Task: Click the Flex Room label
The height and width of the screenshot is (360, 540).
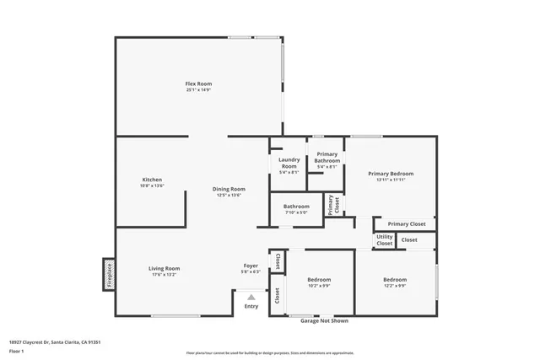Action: (198, 83)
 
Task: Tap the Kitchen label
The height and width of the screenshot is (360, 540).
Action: (152, 180)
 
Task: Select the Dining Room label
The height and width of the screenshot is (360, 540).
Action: (228, 189)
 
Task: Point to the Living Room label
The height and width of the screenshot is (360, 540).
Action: (165, 268)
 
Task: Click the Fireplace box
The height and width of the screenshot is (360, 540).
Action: (108, 275)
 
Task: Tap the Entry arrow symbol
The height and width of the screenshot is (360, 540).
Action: (251, 296)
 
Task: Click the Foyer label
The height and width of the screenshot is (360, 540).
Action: (251, 266)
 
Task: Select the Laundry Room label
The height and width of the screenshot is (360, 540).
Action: (289, 162)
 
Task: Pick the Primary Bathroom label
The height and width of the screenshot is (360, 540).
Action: (327, 157)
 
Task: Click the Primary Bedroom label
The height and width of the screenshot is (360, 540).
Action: (391, 174)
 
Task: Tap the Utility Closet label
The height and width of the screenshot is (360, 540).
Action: (385, 240)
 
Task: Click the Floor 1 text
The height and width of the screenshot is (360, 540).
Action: (16, 350)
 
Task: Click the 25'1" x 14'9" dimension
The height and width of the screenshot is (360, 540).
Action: (198, 89)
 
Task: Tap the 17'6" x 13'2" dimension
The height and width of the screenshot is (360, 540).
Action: (165, 274)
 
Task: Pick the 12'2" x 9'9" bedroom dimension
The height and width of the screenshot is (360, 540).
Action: (395, 285)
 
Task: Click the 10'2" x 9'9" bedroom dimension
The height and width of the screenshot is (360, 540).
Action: (319, 285)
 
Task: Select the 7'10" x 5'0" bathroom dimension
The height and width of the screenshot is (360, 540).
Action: (296, 212)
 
